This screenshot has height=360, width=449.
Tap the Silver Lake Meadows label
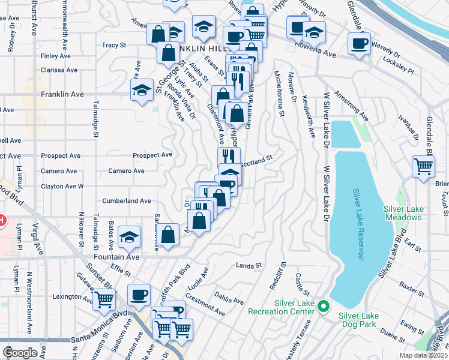[403, 212]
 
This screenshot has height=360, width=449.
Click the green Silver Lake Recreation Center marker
[323, 307]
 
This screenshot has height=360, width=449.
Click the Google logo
[20, 352]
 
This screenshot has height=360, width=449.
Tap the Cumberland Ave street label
[127, 201]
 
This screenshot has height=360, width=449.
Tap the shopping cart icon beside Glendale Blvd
[423, 167]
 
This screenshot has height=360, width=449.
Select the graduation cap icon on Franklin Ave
[142, 91]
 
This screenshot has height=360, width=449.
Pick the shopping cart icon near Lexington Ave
[104, 299]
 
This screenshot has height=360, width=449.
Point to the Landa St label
[250, 265]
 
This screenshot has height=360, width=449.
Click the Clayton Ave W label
[62, 187]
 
